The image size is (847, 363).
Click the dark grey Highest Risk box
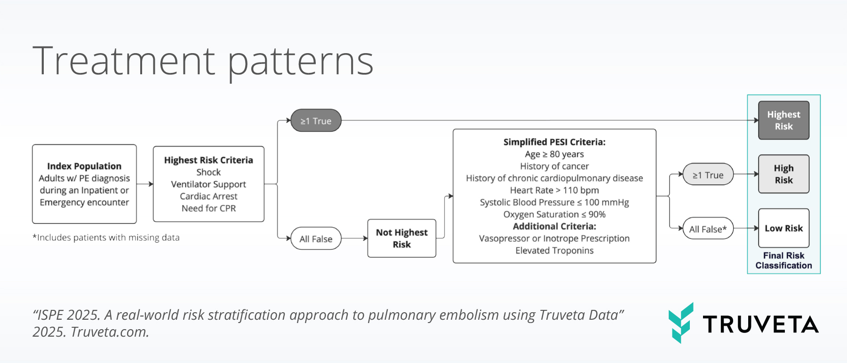tap(783, 120)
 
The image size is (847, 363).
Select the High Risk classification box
tap(783, 174)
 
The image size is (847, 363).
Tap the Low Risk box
tap(783, 228)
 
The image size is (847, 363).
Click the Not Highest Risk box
tap(401, 238)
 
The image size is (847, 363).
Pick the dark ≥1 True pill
tap(316, 121)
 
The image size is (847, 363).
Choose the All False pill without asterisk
tap(316, 239)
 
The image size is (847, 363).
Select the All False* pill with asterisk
tap(708, 229)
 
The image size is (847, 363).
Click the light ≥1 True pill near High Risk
tap(708, 175)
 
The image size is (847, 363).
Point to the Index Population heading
tap(84, 166)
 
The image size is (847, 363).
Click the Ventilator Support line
tap(208, 184)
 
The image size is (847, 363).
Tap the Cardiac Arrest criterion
tap(208, 196)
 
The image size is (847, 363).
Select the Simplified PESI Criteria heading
tap(554, 142)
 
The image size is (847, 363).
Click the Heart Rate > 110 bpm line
tap(554, 190)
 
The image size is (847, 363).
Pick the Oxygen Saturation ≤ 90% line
tap(554, 214)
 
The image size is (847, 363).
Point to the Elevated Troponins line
tap(554, 251)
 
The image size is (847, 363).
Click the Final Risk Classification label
tap(783, 260)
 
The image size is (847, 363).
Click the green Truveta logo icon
tap(681, 323)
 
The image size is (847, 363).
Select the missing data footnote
tap(106, 237)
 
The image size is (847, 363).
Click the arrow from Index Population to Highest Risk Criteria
tap(145, 184)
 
